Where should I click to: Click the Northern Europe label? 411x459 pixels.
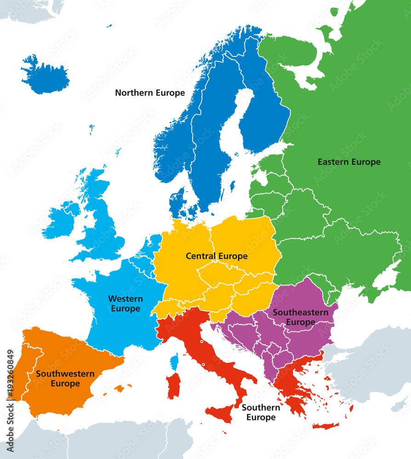(150, 93)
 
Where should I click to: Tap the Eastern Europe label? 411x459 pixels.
(349, 162)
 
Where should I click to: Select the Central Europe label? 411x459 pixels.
(217, 256)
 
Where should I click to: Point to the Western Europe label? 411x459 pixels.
(125, 304)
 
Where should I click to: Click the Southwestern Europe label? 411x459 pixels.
(65, 379)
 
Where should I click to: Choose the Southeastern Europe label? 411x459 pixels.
(301, 317)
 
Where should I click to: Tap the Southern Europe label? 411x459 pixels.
(261, 412)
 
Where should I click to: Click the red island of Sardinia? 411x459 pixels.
(173, 386)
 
